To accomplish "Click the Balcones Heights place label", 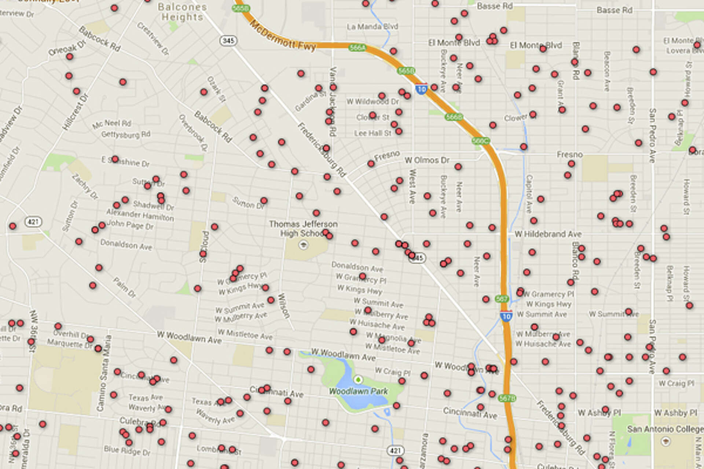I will (182, 12).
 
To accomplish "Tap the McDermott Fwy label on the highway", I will (282, 36).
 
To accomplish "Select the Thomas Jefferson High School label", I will (303, 228).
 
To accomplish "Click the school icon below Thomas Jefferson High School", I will (303, 245).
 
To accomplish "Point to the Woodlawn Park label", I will (358, 391).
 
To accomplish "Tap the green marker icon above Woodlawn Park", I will (358, 380).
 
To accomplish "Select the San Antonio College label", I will (665, 429).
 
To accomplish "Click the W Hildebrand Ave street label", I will (548, 234).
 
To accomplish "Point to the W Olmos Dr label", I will (427, 160).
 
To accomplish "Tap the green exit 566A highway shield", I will (357, 48).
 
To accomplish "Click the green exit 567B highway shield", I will (507, 398).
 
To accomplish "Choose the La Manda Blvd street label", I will (372, 27).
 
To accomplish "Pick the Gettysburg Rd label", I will (126, 134).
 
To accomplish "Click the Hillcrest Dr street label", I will (75, 112).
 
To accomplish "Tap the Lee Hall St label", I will (373, 133).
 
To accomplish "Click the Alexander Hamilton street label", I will (140, 215).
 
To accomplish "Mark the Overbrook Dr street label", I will (193, 132).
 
